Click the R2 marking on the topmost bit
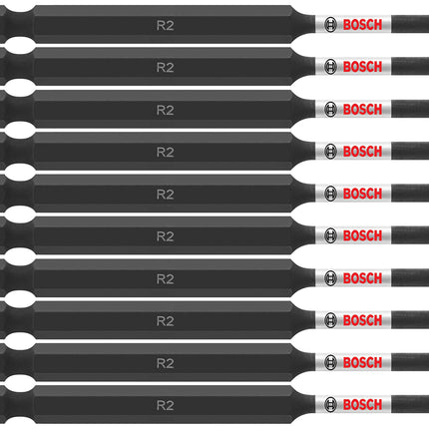tap(166, 26)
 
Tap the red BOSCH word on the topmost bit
tap(362, 25)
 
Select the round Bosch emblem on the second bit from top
tap(330, 67)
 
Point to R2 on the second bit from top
tap(166, 68)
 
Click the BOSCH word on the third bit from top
tap(362, 109)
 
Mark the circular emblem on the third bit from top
tap(330, 109)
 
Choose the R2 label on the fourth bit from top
tap(166, 152)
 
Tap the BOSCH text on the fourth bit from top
tap(362, 152)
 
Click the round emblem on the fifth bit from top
tap(330, 194)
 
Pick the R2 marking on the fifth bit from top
tap(166, 195)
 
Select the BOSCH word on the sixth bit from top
tap(362, 235)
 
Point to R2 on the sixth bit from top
tap(166, 236)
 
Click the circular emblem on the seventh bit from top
tap(330, 278)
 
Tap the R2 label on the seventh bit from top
tap(166, 278)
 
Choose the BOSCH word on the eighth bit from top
tap(362, 320)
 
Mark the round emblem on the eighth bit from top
tap(330, 320)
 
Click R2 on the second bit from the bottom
tap(166, 363)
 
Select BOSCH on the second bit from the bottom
tap(362, 362)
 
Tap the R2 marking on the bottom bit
tap(166, 405)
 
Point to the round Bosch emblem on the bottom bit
tap(330, 405)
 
